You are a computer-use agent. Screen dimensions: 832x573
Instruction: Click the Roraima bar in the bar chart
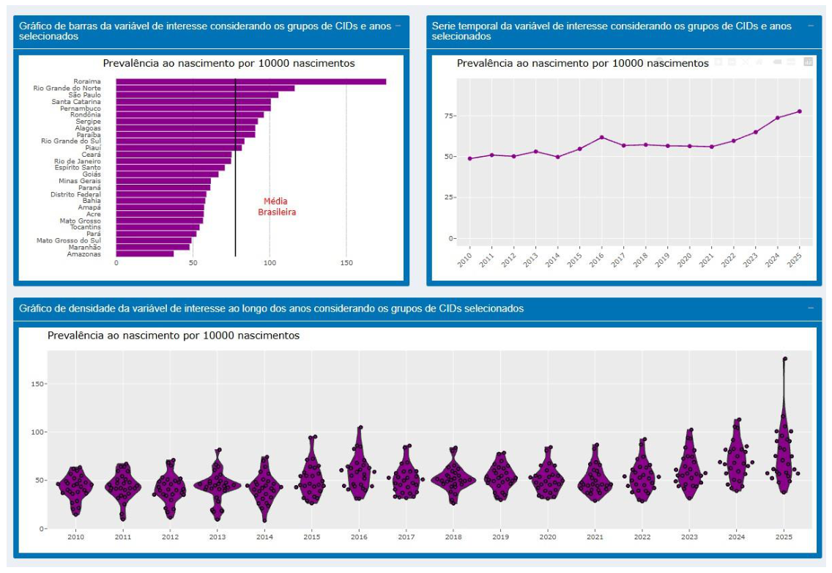tap(251, 81)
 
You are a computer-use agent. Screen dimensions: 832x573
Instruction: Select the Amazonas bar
tap(145, 254)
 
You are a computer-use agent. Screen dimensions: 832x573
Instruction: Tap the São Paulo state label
tap(84, 95)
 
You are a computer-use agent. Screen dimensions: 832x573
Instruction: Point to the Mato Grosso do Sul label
tap(68, 240)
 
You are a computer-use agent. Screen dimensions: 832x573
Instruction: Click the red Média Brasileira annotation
tap(276, 207)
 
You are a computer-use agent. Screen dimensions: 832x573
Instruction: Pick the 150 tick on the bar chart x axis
tap(346, 263)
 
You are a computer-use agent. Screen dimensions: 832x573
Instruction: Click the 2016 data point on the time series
tap(602, 137)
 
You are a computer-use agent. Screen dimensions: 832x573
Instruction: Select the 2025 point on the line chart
tap(799, 111)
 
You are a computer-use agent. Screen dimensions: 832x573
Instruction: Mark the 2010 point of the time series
tap(470, 158)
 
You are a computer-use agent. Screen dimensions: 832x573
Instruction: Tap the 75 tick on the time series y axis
tap(449, 116)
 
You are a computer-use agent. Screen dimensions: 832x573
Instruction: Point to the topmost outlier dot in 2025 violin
tap(785, 359)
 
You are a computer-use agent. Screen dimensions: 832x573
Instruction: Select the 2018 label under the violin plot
tap(453, 537)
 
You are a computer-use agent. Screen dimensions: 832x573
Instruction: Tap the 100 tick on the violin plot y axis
tap(38, 432)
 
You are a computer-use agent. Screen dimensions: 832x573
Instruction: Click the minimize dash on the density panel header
tap(810, 308)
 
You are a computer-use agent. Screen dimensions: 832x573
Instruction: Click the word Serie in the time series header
tap(444, 26)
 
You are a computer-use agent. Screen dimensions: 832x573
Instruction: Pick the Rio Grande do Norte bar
tap(205, 88)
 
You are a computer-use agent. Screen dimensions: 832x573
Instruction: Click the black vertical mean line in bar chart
tap(236, 168)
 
